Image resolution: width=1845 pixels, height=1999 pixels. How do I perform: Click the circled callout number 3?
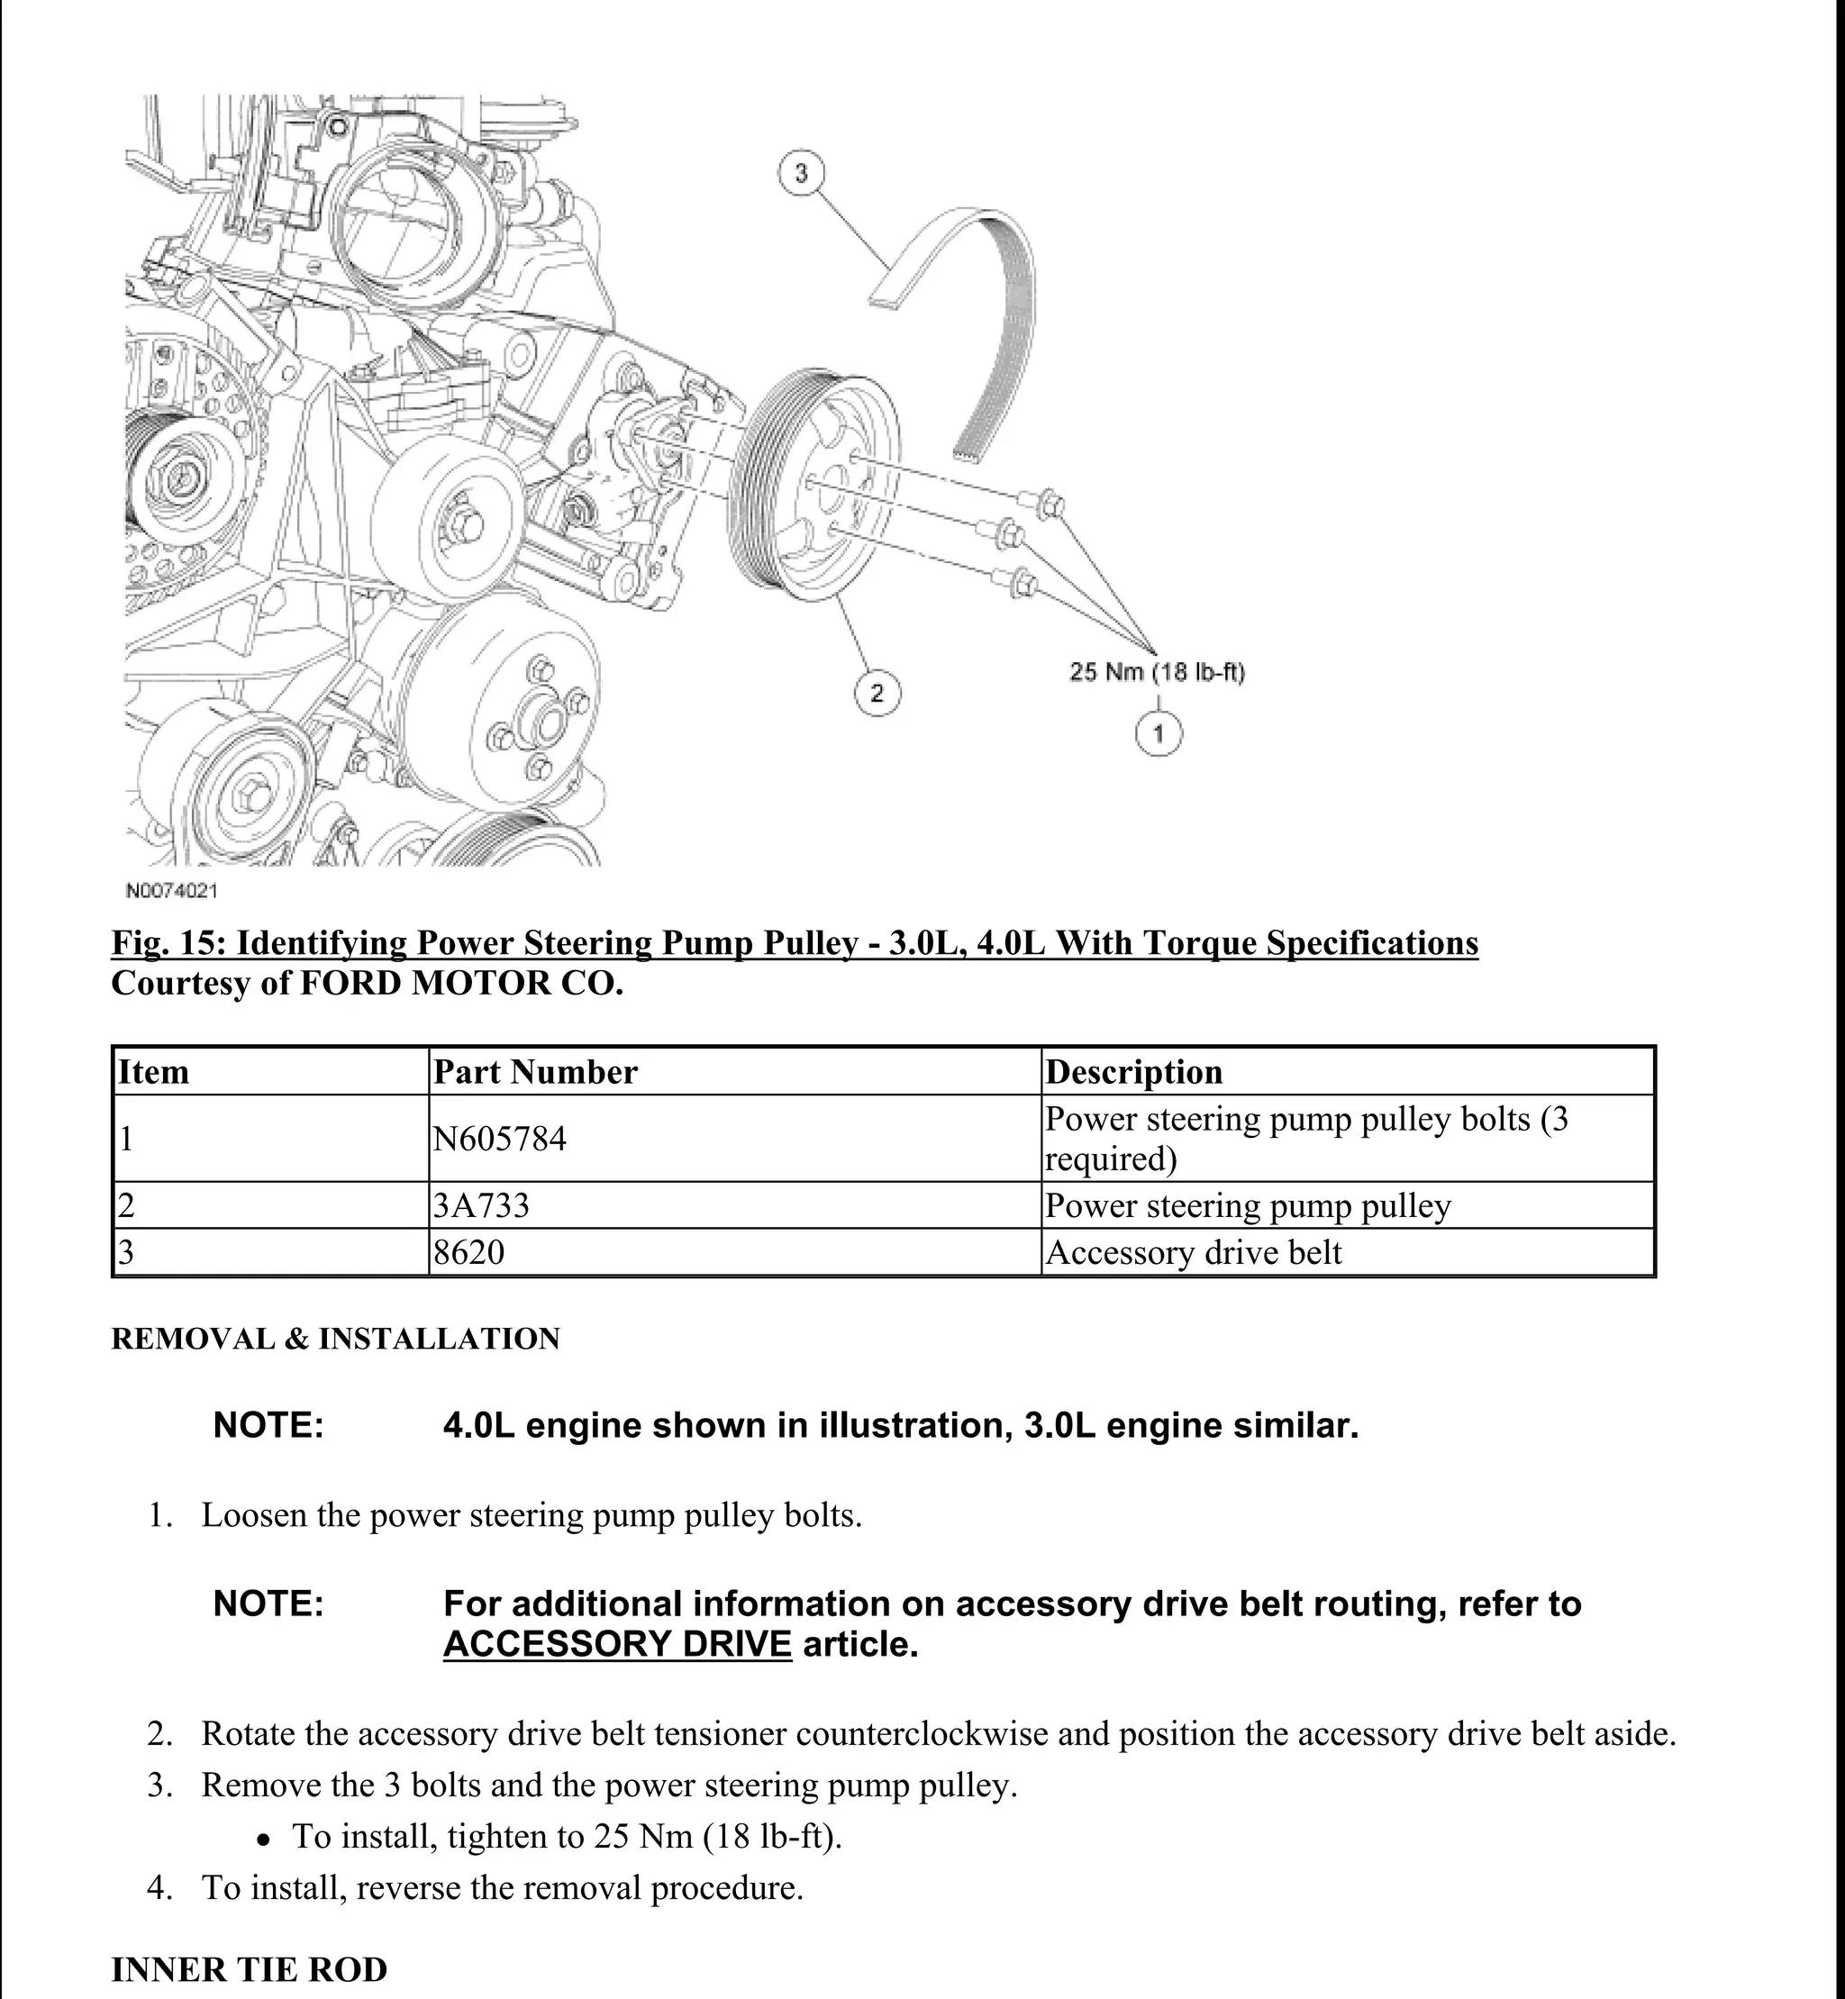pos(801,174)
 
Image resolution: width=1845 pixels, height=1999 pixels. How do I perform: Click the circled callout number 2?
pos(877,693)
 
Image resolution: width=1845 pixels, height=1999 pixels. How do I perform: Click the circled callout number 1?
pos(1159,735)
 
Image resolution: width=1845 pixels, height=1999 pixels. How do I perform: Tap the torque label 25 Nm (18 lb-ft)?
pos(1156,672)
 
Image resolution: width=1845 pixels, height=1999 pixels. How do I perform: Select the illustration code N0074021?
pos(171,890)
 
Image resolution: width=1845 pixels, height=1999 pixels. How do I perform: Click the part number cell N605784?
pos(499,1139)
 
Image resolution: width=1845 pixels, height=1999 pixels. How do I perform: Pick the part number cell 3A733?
pos(481,1206)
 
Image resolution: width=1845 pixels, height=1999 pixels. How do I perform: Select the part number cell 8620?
pos(469,1252)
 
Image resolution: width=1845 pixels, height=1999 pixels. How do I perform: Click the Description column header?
pos(1133,1072)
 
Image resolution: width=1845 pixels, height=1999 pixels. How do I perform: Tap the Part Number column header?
pos(535,1072)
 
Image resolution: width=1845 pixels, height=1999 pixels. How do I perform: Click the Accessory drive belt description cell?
pos(1193,1252)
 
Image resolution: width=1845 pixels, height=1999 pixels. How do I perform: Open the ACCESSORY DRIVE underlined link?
pos(617,1643)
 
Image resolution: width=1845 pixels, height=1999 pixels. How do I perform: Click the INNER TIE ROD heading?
pos(249,1969)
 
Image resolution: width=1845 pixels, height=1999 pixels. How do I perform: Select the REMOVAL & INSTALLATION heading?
pos(335,1338)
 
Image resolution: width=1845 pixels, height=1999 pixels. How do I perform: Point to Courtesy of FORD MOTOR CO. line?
pos(368,984)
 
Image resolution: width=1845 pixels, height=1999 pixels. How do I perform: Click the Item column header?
pos(154,1072)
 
